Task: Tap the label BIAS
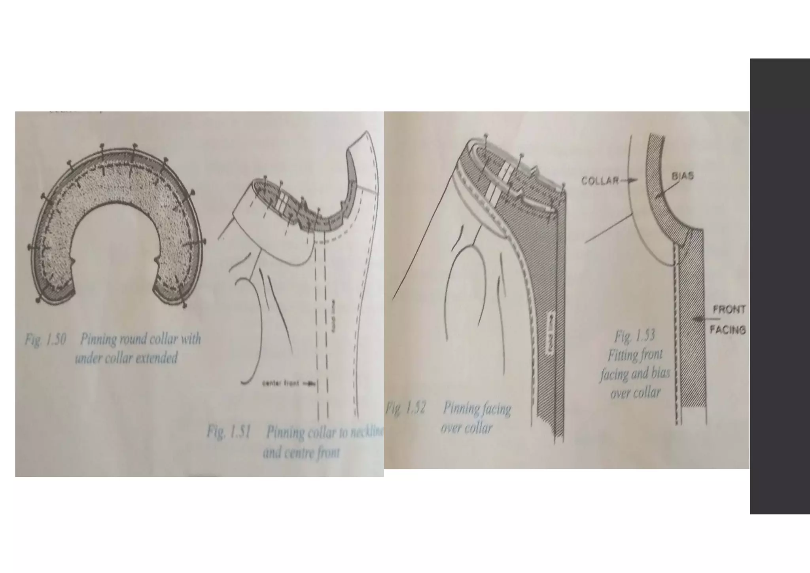(x=683, y=176)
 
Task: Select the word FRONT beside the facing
(x=729, y=309)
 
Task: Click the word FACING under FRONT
(x=728, y=329)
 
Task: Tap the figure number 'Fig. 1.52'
(x=405, y=408)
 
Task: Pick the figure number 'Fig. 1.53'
(x=634, y=336)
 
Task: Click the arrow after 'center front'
(x=311, y=383)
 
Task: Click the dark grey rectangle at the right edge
(x=780, y=286)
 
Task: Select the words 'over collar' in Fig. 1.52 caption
(x=467, y=428)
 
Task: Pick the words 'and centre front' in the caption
(x=301, y=452)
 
